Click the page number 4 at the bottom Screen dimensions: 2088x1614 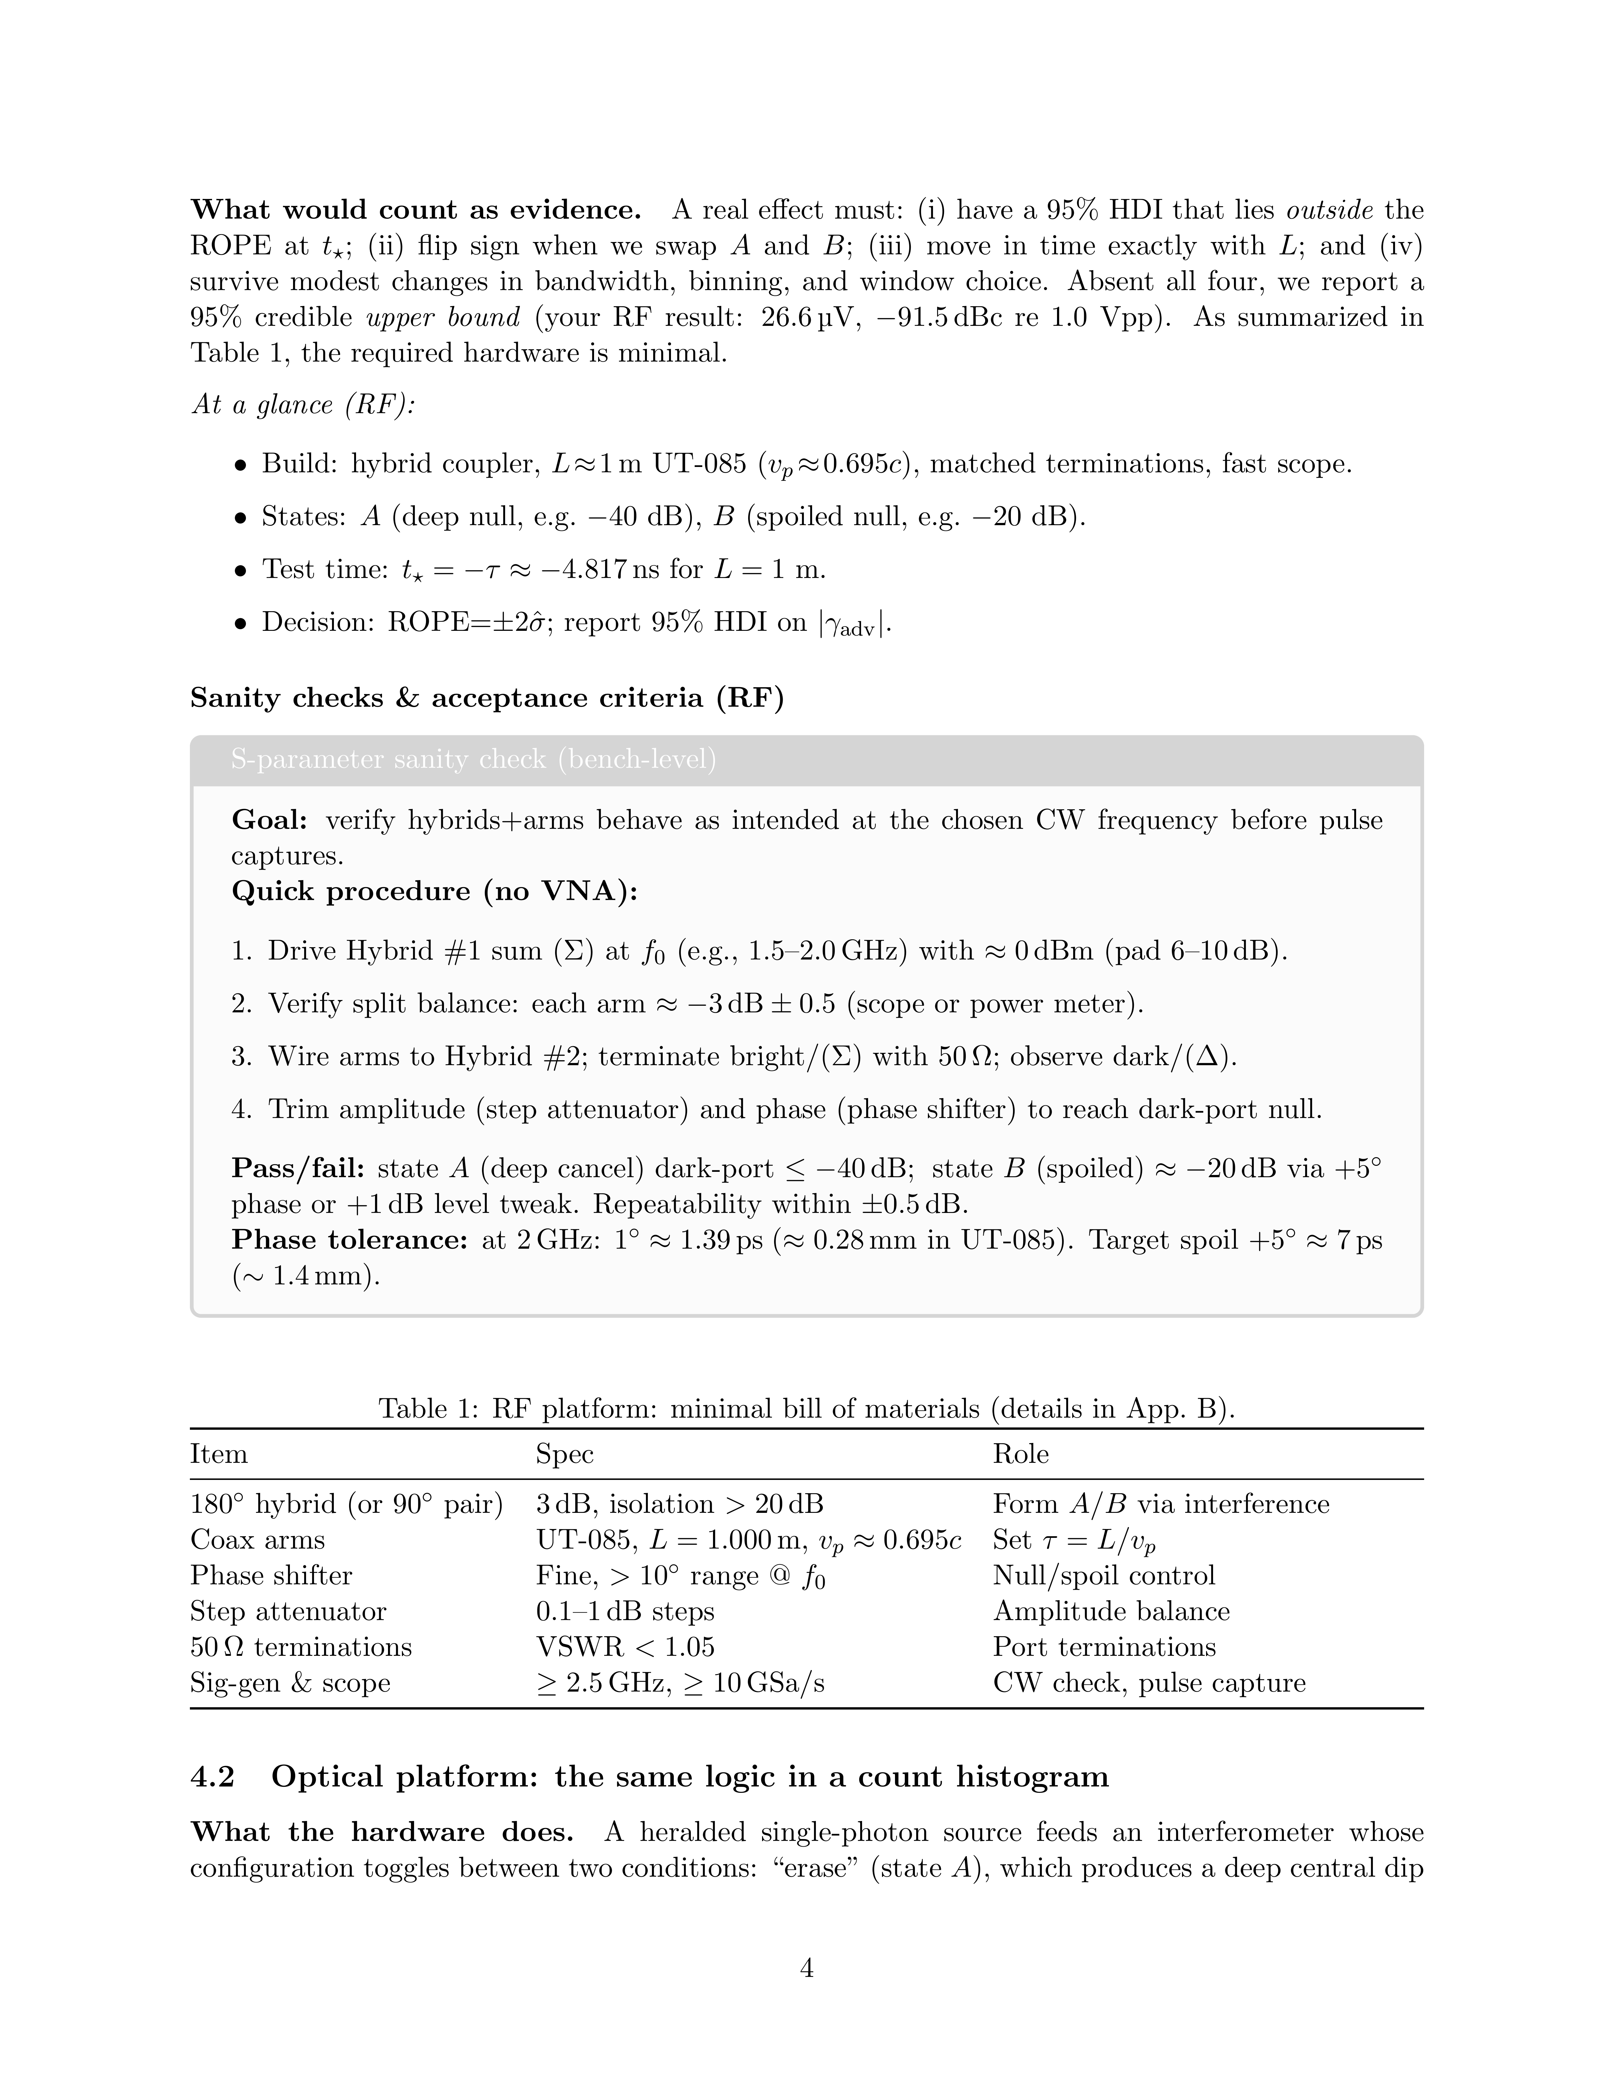806,1967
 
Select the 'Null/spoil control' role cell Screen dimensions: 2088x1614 1104,1575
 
